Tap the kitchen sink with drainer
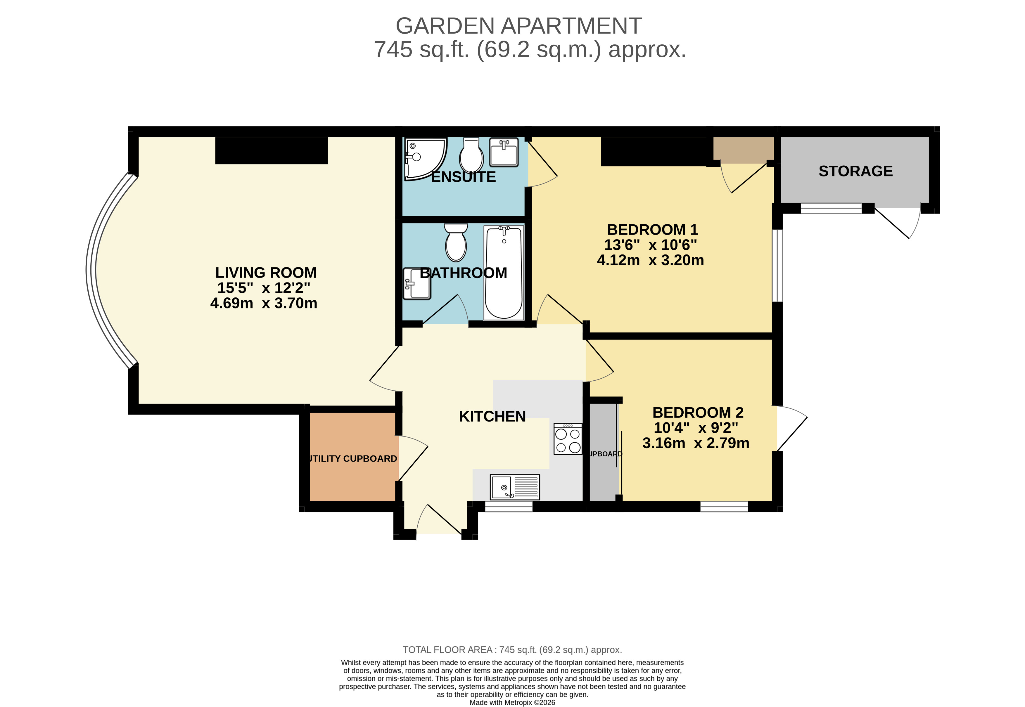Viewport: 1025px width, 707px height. pyautogui.click(x=514, y=487)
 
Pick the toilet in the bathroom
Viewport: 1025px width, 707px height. pyautogui.click(x=456, y=243)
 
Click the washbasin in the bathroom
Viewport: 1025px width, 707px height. pyautogui.click(x=416, y=283)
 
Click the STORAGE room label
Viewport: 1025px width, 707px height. pyautogui.click(x=855, y=171)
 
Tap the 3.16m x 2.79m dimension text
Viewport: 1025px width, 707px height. pyautogui.click(x=696, y=443)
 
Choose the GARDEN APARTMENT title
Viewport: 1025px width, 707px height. pyautogui.click(x=518, y=26)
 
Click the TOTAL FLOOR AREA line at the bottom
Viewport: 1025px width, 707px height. pyautogui.click(x=512, y=650)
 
